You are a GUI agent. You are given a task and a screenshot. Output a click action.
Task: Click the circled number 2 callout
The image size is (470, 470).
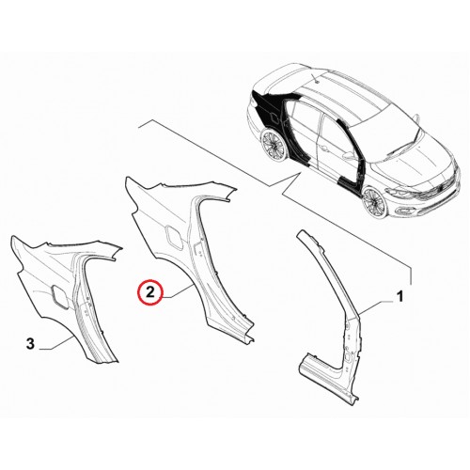coord(149,292)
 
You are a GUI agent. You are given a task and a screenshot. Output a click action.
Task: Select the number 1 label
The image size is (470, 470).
coord(399,297)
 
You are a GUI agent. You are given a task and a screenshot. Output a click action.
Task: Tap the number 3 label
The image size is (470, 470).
coord(30,344)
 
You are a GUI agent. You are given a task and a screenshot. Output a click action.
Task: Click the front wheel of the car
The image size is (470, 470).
coord(374,202)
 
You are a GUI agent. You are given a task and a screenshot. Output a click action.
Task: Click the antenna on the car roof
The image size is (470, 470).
coord(315,78)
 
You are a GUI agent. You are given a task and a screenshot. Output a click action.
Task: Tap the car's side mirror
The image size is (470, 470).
coord(349,154)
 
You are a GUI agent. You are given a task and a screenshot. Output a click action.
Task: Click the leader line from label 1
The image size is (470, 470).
coord(377,306)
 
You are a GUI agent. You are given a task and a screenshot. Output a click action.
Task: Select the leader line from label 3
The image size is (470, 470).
coord(56,343)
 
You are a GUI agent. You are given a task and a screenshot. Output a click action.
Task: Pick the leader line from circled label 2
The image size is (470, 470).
coord(178,292)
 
